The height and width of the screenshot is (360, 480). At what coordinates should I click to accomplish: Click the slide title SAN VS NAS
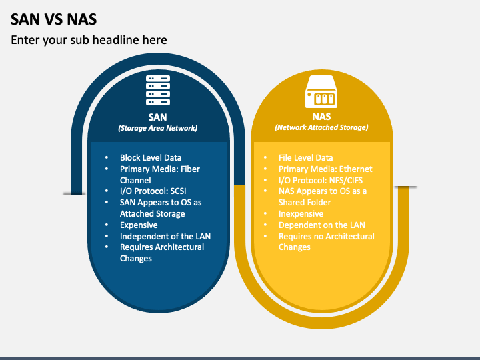[53, 18]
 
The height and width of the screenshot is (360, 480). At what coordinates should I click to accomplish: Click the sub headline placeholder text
[89, 40]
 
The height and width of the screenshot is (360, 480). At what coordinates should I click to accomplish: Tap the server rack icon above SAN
[158, 91]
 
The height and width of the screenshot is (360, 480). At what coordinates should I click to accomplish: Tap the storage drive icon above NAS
[322, 93]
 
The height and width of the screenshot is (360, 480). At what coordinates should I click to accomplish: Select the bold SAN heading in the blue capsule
[158, 117]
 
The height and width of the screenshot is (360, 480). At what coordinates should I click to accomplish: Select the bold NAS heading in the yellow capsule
[321, 117]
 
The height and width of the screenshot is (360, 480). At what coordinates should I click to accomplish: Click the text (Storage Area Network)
[158, 127]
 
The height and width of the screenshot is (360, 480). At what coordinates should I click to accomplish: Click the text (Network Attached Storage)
[321, 127]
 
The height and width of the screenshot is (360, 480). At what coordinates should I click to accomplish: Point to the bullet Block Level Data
[151, 158]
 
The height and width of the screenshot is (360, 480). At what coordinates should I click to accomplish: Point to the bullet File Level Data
[305, 158]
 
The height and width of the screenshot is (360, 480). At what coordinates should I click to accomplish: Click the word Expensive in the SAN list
[139, 225]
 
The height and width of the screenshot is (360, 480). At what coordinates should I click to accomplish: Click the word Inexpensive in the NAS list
[301, 214]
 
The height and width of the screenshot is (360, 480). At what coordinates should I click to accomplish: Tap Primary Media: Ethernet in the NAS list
[325, 169]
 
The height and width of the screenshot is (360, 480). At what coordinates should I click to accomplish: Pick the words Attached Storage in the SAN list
[152, 214]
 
